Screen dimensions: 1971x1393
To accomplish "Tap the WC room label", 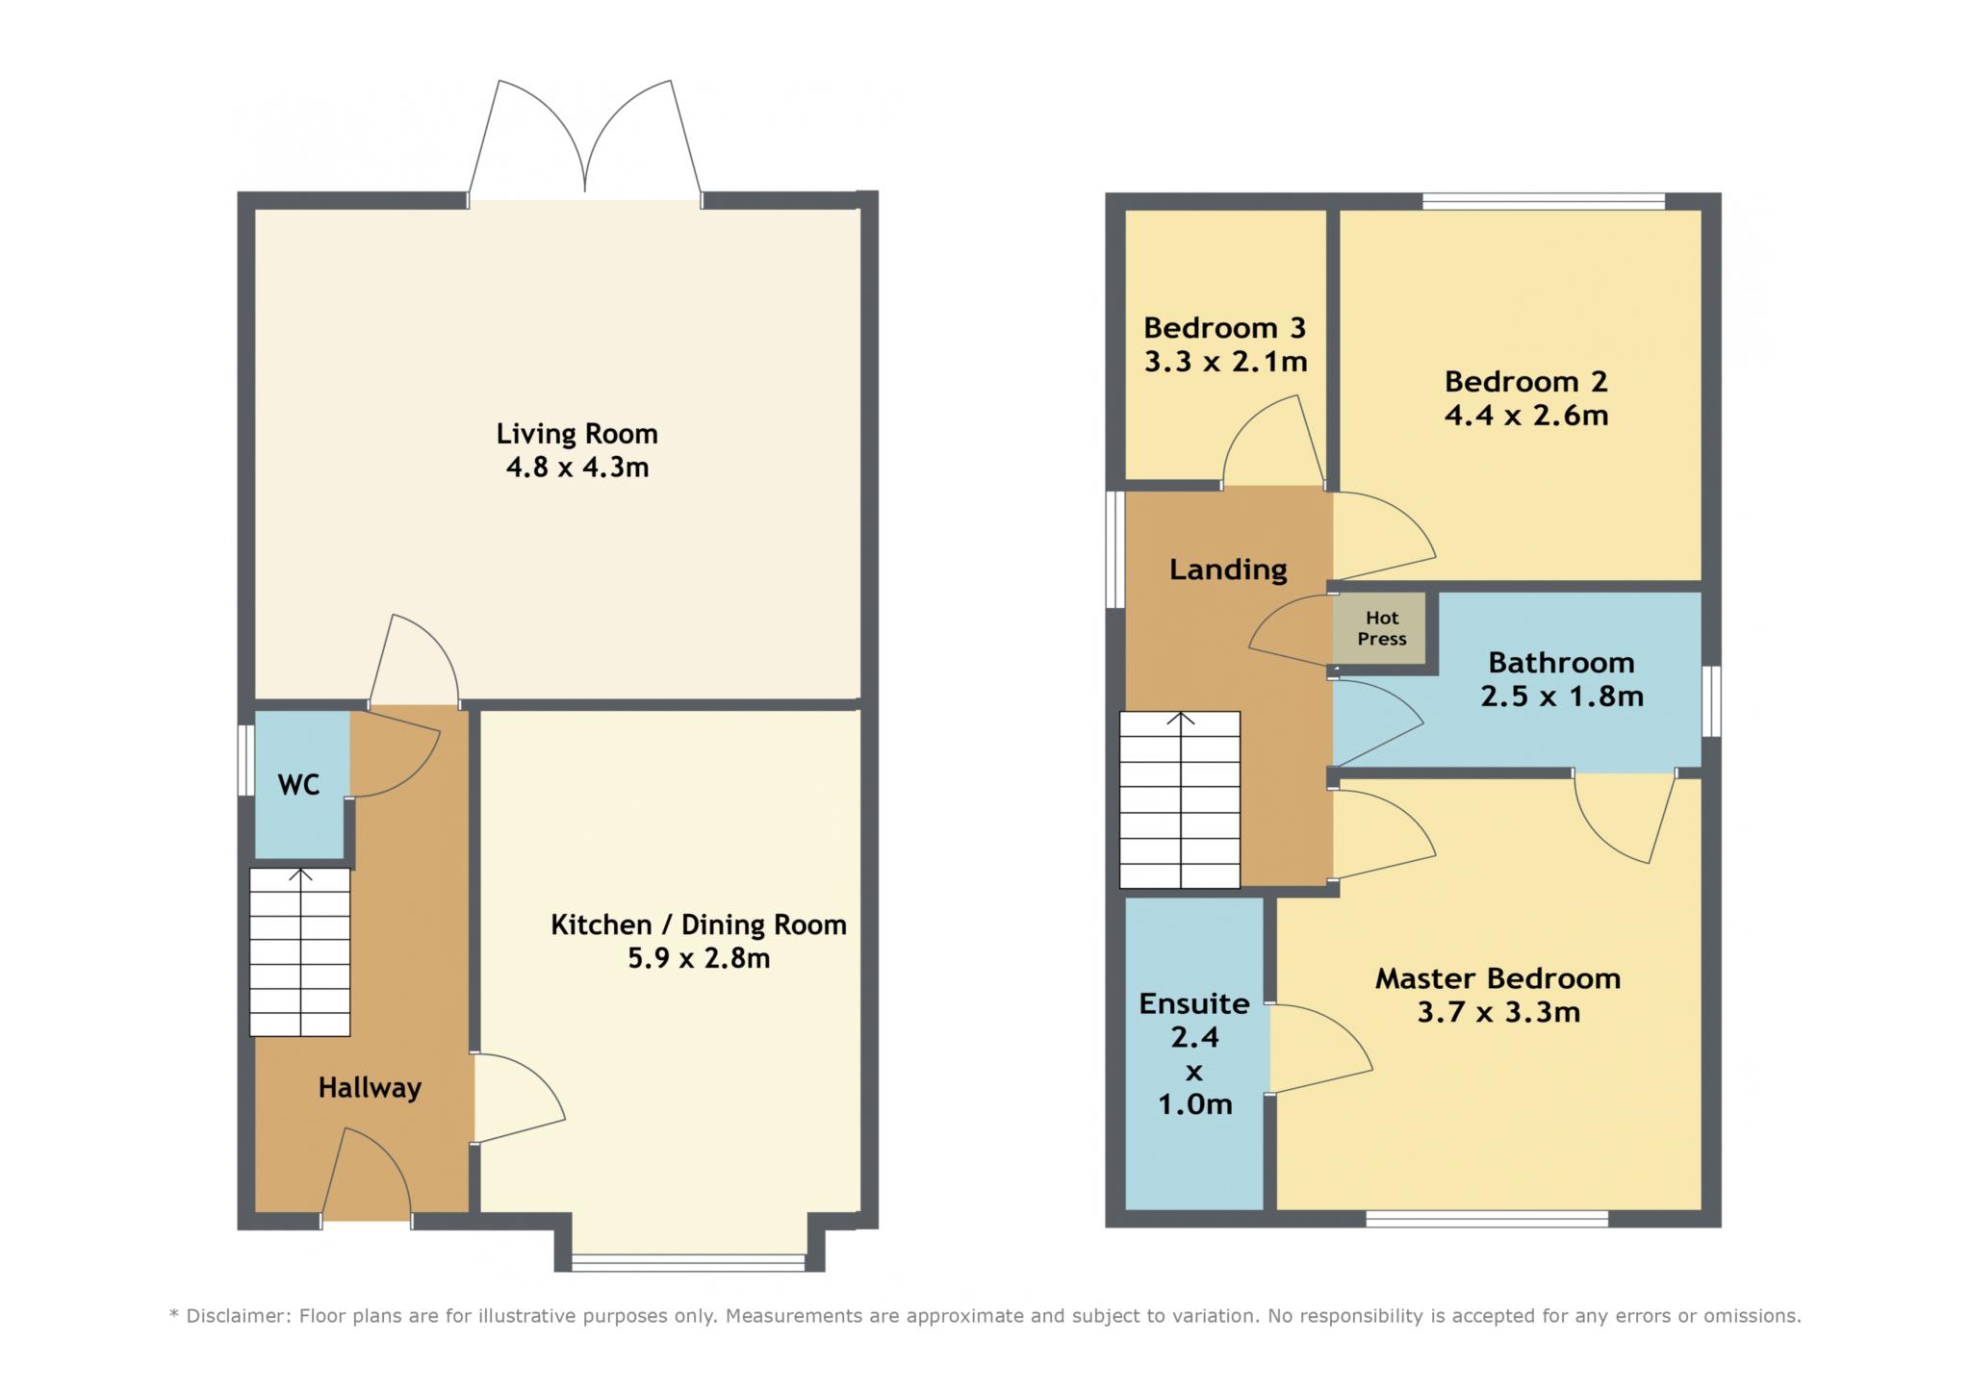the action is point(298,785).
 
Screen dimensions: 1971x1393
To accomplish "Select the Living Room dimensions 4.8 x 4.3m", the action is point(577,469).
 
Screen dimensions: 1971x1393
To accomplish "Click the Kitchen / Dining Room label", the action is point(699,925).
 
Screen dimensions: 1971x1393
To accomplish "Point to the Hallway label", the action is point(370,1088).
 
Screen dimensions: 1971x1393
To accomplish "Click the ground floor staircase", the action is point(299,952).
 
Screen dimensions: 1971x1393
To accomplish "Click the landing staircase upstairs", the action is point(1180,799).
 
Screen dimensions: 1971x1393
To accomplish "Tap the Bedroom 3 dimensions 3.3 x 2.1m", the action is point(1225,363).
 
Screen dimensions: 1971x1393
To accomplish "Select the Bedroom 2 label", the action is point(1525,382).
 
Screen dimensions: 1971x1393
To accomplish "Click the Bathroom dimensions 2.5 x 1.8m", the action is point(1561,696).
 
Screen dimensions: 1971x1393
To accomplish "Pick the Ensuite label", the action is point(1194,1004).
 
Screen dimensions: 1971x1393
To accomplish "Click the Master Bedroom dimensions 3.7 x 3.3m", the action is point(1498,1013).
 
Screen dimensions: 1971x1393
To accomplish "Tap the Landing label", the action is point(1228,570).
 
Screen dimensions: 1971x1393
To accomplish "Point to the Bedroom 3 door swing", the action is point(1274,440).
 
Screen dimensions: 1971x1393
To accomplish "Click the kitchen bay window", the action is point(688,1262).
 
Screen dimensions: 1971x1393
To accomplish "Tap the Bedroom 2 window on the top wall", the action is point(1544,201).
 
